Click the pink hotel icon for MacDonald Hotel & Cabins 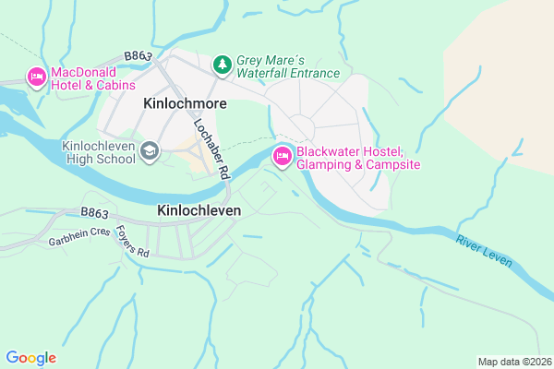coord(36,77)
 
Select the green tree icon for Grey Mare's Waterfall coord(222,64)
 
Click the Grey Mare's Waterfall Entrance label coord(288,65)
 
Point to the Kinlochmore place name coord(184,105)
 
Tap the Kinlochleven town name coord(199,210)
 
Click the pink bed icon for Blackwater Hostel coord(282,159)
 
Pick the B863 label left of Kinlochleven coord(95,212)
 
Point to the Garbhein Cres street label coord(78,240)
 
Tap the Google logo coord(30,358)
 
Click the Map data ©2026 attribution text coord(512,361)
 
